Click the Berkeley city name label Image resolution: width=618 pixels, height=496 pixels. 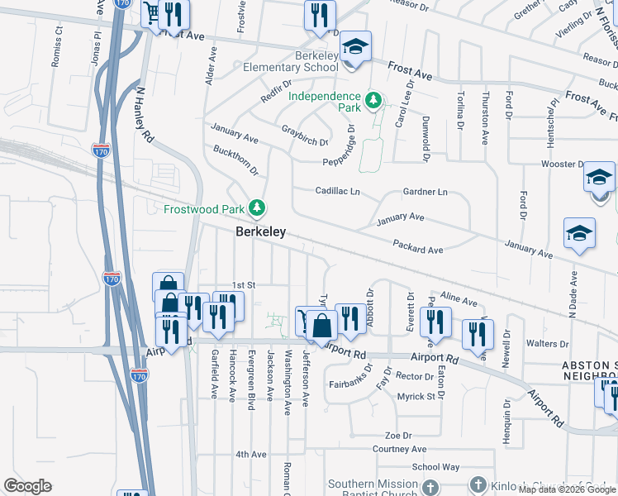point(261,232)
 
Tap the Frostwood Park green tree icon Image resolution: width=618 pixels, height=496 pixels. point(258,207)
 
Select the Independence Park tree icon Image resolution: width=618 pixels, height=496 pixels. point(373,102)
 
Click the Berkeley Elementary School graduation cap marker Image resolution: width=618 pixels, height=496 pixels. point(356,46)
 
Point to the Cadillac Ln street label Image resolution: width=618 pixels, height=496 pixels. point(337,191)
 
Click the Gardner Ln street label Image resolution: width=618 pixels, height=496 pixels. point(425,192)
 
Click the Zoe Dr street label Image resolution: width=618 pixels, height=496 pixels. point(397,435)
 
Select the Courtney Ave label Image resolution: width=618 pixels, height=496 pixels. point(399,449)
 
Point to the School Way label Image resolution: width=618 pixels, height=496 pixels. point(436,467)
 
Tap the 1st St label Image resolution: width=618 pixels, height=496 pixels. point(245,284)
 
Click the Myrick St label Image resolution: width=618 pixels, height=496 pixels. point(416,397)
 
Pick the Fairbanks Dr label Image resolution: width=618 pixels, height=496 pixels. point(352,384)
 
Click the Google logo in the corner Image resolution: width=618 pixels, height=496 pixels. point(27,486)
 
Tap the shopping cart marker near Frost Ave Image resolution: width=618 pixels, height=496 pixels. point(151,13)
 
